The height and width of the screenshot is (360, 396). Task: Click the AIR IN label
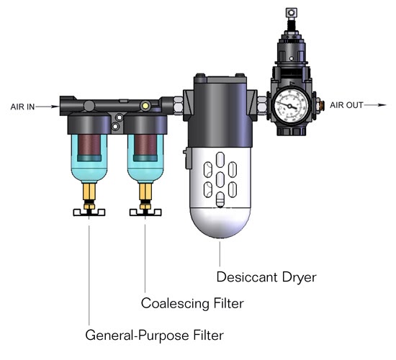pos(22,107)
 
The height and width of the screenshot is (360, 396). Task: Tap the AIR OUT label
pos(346,105)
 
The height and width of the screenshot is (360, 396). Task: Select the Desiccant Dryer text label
pos(266,277)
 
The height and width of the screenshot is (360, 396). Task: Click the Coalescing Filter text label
pos(192,303)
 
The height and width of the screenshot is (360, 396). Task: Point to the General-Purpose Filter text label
pos(155,336)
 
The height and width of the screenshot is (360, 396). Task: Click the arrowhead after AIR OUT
pos(382,105)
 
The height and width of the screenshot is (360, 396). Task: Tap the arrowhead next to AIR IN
pos(55,107)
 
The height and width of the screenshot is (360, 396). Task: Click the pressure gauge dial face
pos(291,104)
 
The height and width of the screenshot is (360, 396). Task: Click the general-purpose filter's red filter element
pos(89,145)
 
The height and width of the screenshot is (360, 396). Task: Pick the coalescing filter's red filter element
pos(145,145)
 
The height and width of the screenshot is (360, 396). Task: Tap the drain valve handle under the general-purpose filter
pos(89,212)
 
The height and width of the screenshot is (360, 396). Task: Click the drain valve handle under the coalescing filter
pos(145,212)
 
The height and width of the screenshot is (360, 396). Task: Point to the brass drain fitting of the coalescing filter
pos(145,192)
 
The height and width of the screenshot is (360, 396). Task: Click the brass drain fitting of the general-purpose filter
pos(89,192)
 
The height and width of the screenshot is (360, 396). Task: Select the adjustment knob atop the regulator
pos(292,13)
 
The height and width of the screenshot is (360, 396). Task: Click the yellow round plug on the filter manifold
pos(145,106)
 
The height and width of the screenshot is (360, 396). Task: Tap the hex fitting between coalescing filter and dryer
pos(178,106)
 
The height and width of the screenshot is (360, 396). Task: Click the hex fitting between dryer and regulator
pos(261,106)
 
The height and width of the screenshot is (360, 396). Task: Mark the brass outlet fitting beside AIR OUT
pos(320,104)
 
